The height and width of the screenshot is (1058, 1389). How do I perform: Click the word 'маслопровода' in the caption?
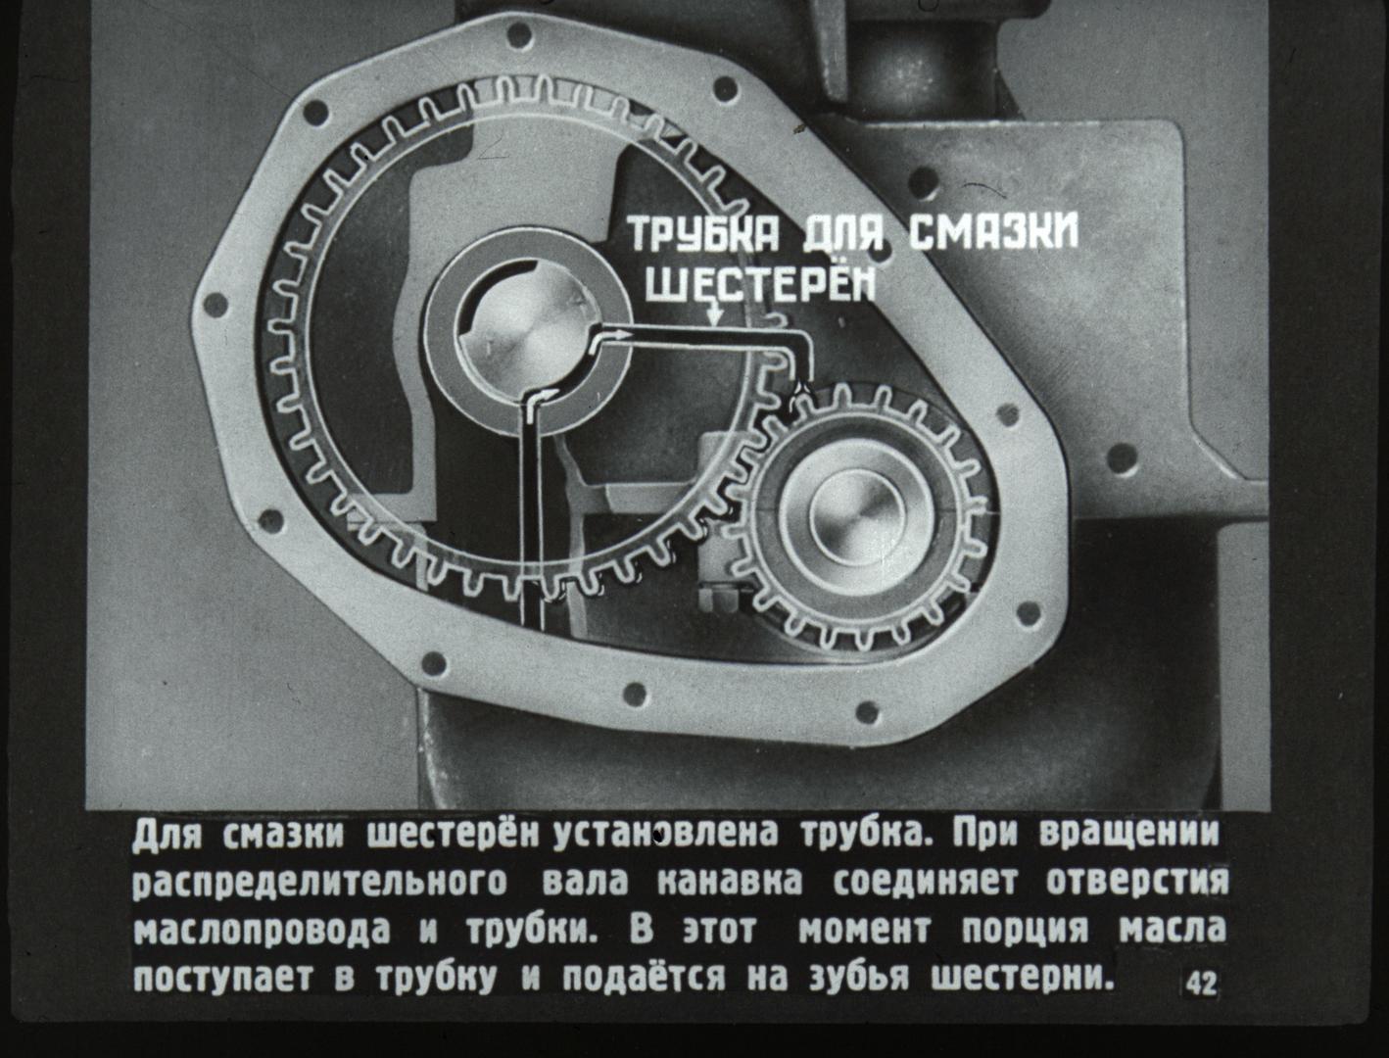pyautogui.click(x=262, y=931)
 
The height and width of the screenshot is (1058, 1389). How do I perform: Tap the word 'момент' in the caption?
pyautogui.click(x=864, y=931)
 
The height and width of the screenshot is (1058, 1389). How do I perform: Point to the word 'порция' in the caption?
pyautogui.click(x=1026, y=931)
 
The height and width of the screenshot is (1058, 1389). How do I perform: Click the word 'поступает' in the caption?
pyautogui.click(x=221, y=980)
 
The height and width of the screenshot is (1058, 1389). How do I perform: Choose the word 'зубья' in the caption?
pyautogui.click(x=859, y=979)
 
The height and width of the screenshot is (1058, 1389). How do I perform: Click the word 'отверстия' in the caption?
pyautogui.click(x=1137, y=882)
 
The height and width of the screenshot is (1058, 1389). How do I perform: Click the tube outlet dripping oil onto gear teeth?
pyautogui.click(x=798, y=386)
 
